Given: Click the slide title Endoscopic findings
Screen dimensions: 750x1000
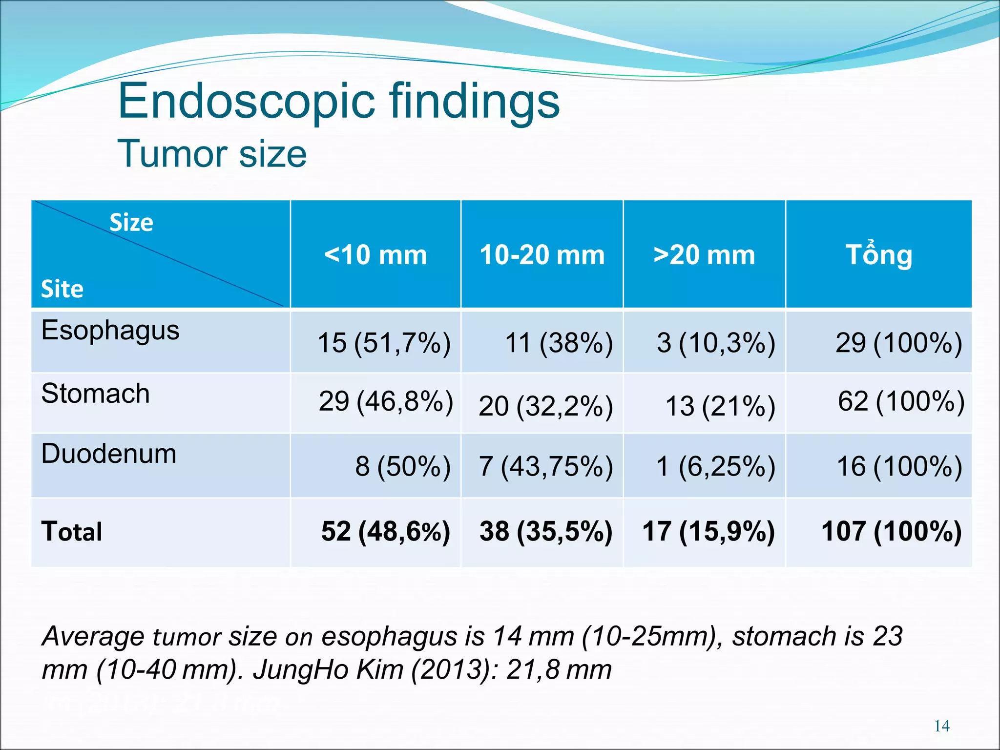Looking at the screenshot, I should point(338,101).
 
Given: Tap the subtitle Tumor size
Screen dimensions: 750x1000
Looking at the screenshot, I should point(212,154).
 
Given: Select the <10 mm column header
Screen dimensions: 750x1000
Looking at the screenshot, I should point(375,255).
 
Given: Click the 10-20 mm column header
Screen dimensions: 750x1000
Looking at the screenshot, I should point(542,255).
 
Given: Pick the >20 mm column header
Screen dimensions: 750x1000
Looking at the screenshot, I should point(704,255).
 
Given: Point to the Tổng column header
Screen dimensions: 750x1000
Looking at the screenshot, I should point(878,255).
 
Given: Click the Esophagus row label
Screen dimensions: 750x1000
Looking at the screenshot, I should point(110,331).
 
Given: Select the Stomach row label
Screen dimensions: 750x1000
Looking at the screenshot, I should point(96,394).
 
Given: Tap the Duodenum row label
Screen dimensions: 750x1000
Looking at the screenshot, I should point(109,454).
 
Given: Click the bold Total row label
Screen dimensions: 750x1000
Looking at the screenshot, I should point(72,531).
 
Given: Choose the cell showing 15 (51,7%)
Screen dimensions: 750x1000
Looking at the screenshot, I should point(384,342).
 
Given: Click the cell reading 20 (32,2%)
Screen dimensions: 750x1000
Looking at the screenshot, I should point(545,406).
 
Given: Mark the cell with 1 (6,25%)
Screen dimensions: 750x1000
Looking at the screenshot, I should point(715,466).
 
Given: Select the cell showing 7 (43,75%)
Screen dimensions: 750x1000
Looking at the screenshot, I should point(545,466).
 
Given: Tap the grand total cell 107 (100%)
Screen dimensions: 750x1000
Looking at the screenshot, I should point(891,531).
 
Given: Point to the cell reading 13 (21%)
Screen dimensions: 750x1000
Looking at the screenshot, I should point(720,406).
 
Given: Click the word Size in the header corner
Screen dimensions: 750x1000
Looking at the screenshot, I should point(131,223).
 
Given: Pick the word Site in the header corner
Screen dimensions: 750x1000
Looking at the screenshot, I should point(62,289).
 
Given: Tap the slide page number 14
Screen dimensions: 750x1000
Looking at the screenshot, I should point(942,726).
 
